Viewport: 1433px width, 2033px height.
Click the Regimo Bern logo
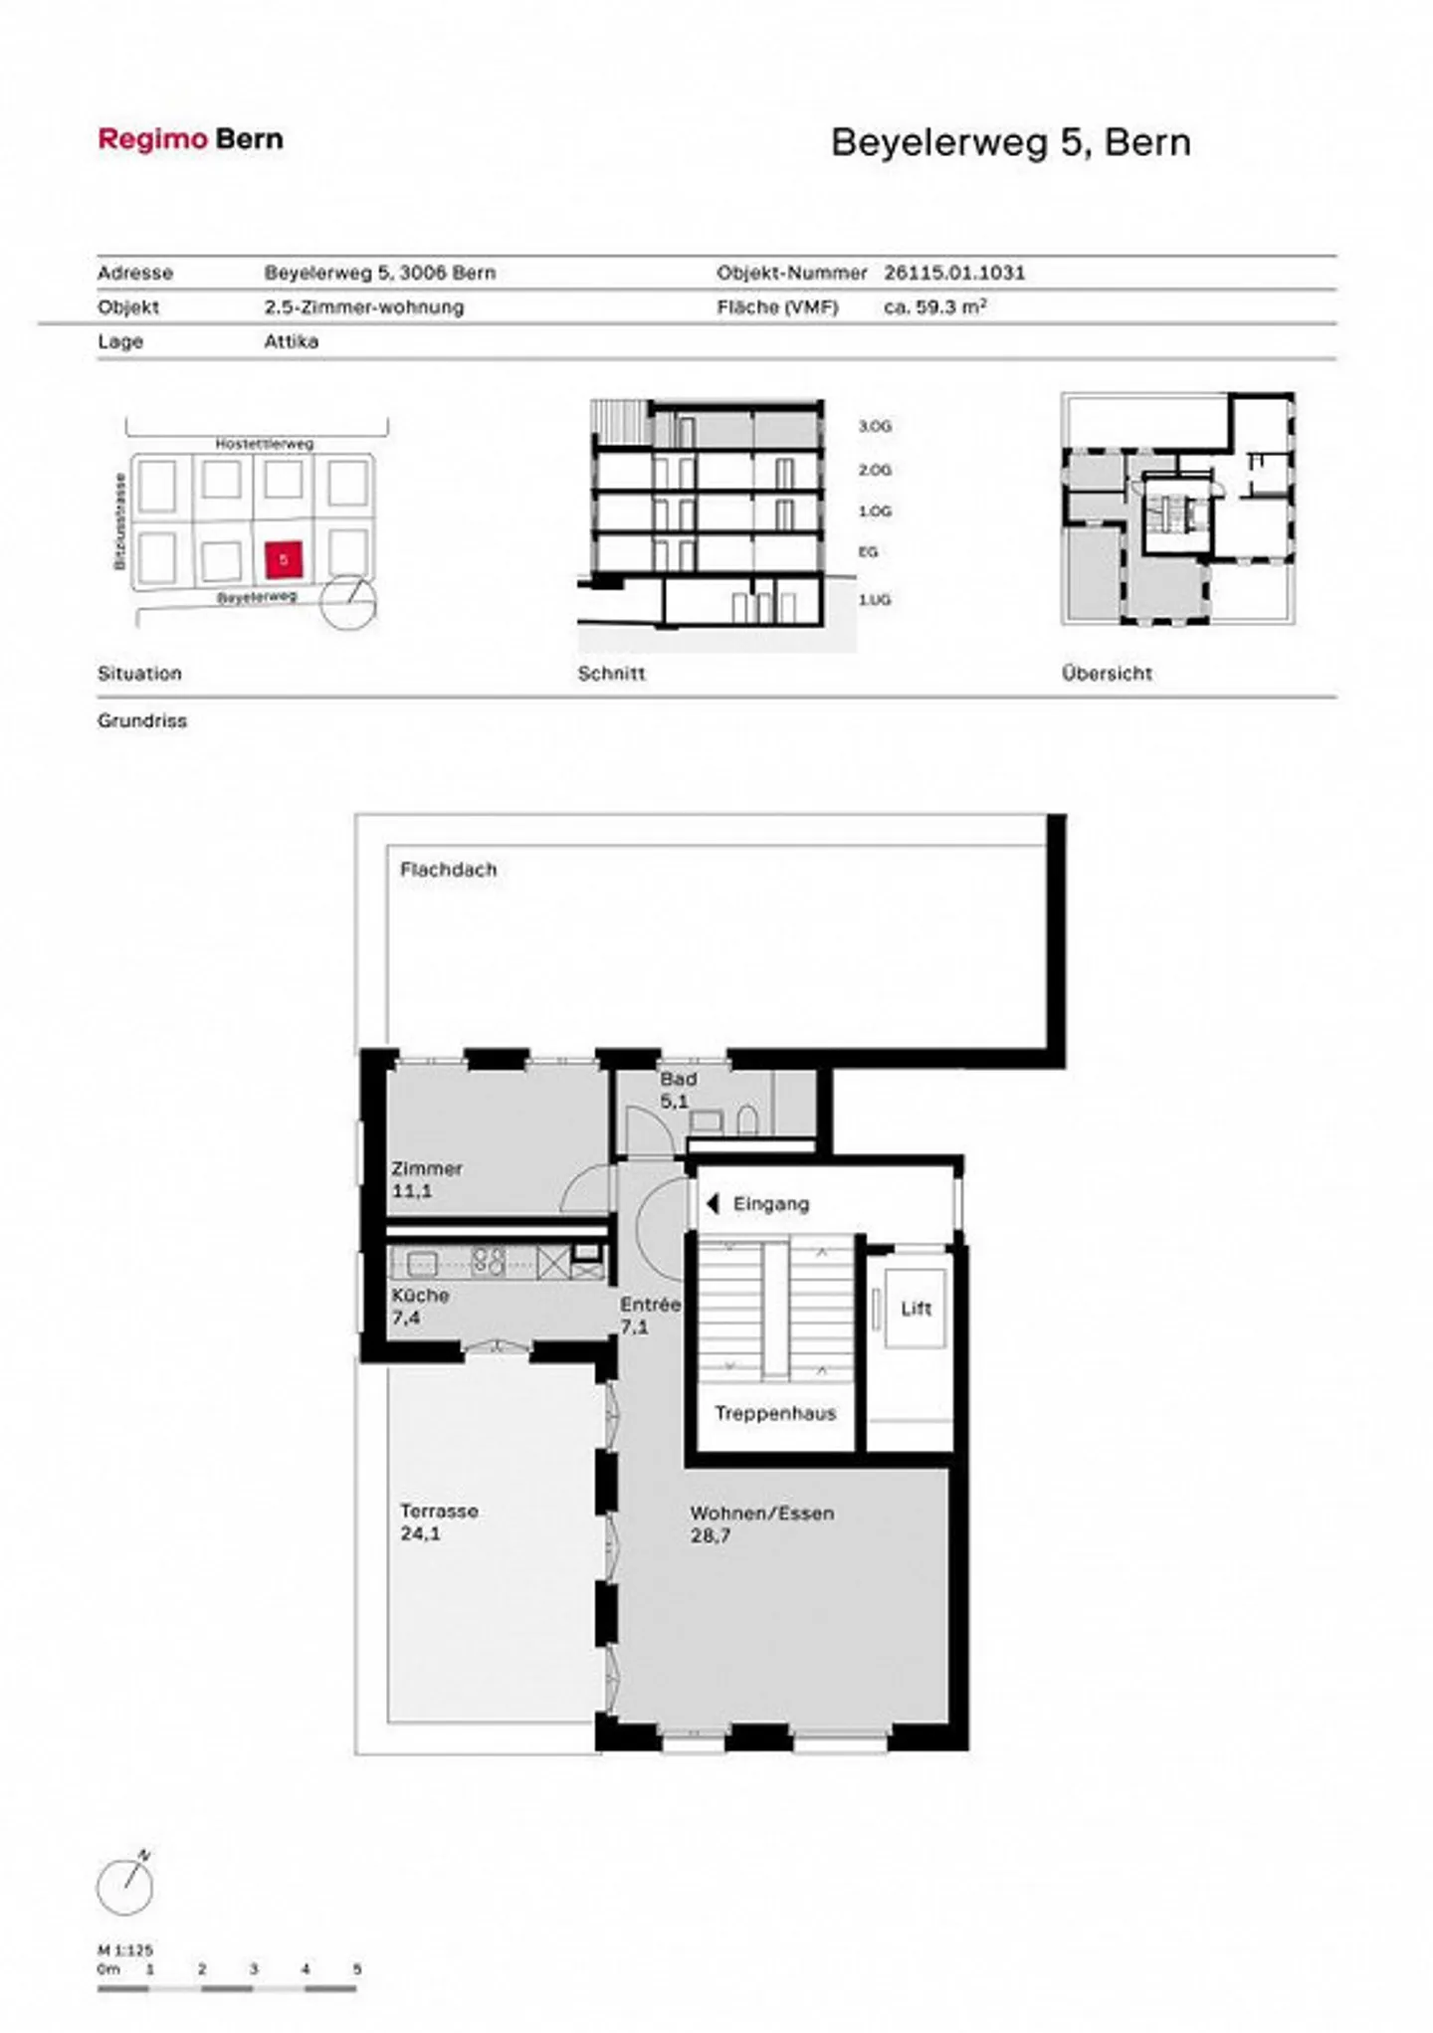(x=190, y=139)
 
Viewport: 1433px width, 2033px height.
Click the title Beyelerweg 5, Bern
(x=1010, y=142)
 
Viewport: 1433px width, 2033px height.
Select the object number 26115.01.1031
(x=953, y=273)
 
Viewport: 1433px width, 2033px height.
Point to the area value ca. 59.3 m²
(x=934, y=307)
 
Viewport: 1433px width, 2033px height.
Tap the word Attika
(x=291, y=341)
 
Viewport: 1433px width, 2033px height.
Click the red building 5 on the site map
(x=284, y=560)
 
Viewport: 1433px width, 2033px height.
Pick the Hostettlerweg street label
(x=264, y=444)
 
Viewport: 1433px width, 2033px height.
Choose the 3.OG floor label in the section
(x=875, y=427)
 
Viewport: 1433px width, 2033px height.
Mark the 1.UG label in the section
(x=875, y=600)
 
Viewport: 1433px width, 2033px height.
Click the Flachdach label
(x=448, y=870)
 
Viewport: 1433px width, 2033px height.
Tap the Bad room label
(x=678, y=1079)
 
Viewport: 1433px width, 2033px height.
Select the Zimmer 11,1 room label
(x=426, y=1179)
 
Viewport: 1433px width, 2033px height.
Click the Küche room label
(x=420, y=1296)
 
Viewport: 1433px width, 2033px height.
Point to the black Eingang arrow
(x=712, y=1204)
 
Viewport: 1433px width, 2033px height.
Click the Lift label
(x=916, y=1309)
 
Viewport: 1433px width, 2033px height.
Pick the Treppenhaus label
(x=775, y=1413)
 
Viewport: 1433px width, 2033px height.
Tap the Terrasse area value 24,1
(x=420, y=1533)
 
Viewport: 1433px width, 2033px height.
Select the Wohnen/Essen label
(x=761, y=1514)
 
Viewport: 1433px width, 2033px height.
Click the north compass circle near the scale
(x=125, y=1887)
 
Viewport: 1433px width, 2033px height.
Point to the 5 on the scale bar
(x=356, y=1969)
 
